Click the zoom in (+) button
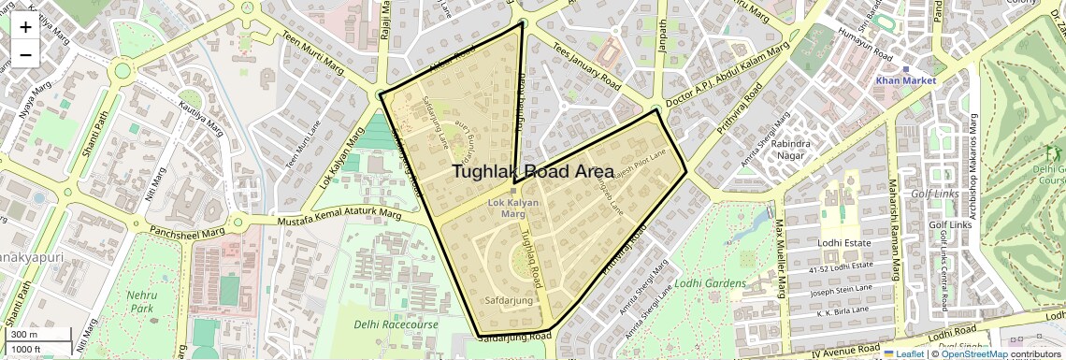pyautogui.click(x=25, y=26)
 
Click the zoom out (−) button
pyautogui.click(x=25, y=54)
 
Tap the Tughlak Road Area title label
pyautogui.click(x=533, y=171)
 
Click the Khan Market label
pyautogui.click(x=906, y=81)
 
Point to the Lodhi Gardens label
pyautogui.click(x=711, y=283)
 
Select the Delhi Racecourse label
pyautogui.click(x=396, y=324)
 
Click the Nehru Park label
pyautogui.click(x=141, y=301)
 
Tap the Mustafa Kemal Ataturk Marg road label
pyautogui.click(x=339, y=218)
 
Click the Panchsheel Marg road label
pyautogui.click(x=187, y=229)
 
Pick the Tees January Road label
pyautogui.click(x=586, y=70)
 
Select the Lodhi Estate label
pyautogui.click(x=845, y=242)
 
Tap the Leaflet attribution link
pyautogui.click(x=903, y=354)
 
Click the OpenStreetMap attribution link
pyautogui.click(x=973, y=354)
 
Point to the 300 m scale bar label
pyautogui.click(x=24, y=335)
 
